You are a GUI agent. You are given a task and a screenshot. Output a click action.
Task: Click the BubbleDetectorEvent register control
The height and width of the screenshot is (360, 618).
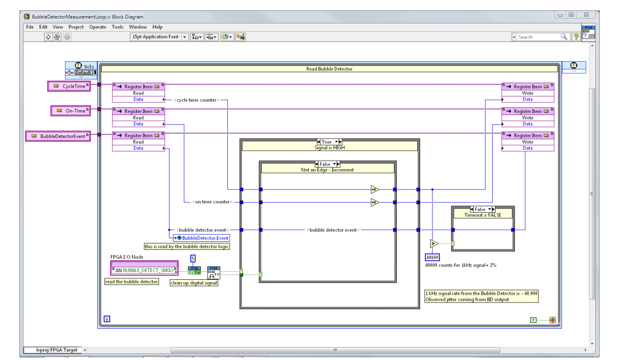(61, 136)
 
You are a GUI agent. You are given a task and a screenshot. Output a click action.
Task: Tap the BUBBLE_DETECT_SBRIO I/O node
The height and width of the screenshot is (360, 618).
(144, 270)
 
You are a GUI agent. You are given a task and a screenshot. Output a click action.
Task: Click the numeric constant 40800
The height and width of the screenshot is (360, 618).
(432, 257)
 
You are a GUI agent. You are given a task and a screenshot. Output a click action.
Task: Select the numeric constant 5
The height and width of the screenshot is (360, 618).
(193, 258)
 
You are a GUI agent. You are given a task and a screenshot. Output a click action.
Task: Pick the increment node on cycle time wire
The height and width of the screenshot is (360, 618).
(375, 189)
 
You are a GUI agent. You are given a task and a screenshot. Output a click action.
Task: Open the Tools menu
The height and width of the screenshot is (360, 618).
(118, 27)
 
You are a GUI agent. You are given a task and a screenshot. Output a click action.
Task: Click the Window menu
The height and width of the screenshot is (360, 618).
(138, 27)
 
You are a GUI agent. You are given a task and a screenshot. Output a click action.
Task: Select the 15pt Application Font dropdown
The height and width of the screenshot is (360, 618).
(159, 37)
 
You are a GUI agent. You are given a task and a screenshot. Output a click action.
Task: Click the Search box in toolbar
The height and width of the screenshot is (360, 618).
(538, 37)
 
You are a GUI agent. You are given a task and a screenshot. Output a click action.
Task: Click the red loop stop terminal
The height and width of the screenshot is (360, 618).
(552, 320)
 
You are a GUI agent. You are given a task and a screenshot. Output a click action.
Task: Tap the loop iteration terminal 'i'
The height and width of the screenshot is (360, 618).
(106, 319)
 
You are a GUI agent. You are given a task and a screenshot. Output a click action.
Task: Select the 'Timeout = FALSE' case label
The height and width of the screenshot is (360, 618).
(482, 215)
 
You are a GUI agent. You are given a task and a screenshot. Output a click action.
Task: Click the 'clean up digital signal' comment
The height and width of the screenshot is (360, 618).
(194, 283)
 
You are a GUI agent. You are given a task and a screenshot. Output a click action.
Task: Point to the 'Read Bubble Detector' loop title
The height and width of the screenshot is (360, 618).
(329, 69)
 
